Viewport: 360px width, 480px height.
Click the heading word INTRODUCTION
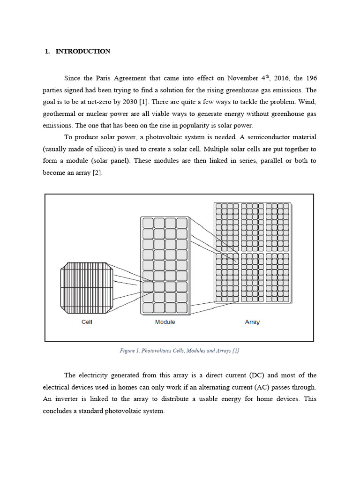(83, 52)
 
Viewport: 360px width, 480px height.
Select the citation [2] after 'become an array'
(97, 172)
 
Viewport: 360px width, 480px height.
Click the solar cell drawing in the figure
(87, 288)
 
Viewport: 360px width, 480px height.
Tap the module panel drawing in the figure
(165, 265)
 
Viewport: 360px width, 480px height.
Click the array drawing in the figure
(252, 253)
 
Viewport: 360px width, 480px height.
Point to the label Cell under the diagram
(87, 322)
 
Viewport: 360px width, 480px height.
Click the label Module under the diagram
(165, 322)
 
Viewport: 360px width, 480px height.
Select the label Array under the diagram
(252, 322)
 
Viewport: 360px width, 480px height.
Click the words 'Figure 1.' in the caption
(131, 351)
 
